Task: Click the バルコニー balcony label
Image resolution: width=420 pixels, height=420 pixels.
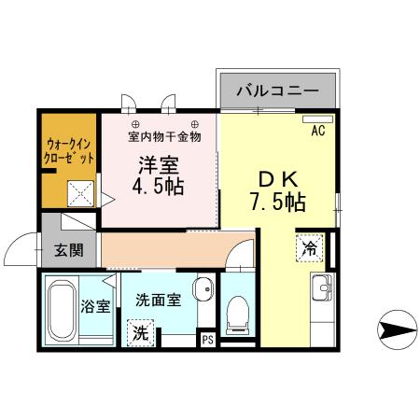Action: click(277, 91)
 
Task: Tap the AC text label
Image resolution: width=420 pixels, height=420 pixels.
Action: click(317, 131)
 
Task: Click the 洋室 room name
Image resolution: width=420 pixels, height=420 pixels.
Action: click(161, 166)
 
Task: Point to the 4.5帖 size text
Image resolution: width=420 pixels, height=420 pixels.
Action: click(161, 186)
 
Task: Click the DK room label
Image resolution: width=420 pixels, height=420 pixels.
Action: click(277, 178)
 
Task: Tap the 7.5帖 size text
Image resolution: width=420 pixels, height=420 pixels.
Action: click(278, 200)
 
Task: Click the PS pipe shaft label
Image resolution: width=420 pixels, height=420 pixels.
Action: click(207, 340)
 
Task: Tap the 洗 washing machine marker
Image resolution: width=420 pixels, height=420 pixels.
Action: click(139, 331)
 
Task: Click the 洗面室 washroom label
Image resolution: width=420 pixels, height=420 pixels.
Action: click(158, 301)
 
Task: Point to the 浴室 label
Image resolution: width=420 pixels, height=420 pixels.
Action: click(95, 306)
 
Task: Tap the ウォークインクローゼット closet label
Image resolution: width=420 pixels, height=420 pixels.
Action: click(69, 151)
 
